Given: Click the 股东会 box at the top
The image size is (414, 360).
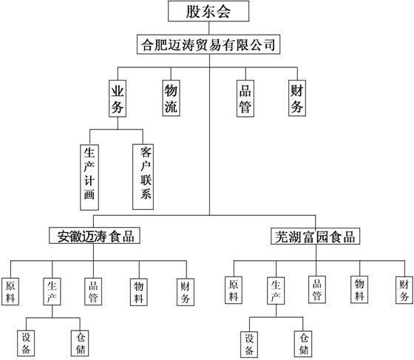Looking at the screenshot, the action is [208, 11].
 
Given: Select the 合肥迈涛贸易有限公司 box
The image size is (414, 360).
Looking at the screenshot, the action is [208, 44].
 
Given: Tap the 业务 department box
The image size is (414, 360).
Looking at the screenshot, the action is [118, 98].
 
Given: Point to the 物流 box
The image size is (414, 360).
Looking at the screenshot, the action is [171, 98].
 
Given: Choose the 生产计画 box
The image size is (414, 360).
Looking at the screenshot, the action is [89, 177].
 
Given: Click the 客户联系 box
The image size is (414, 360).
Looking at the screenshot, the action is [143, 177].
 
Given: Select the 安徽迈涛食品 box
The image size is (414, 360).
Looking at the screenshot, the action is [95, 236].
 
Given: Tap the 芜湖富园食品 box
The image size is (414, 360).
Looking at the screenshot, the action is [315, 237].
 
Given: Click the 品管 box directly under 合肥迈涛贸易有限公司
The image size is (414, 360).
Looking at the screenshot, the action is [245, 98].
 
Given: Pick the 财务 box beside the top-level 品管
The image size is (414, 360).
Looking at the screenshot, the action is [297, 98].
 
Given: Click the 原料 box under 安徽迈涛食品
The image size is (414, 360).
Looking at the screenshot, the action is [10, 292].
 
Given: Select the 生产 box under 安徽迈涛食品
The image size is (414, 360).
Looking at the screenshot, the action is [52, 292].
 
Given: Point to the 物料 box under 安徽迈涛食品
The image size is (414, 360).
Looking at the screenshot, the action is [139, 292].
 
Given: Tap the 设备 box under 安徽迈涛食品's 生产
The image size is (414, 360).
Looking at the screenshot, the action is [26, 343].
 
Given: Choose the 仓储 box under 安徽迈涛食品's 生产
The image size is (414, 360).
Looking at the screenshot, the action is [80, 343].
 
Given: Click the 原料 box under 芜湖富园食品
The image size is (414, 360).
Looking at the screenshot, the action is [234, 290].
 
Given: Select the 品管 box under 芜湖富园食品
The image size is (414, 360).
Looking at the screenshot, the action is [317, 290].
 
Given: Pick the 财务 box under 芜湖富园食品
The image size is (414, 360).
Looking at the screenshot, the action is [404, 290].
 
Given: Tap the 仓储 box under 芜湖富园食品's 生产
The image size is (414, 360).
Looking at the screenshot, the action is [303, 344].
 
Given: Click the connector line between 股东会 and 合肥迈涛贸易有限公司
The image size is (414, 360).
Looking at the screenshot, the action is [208, 28].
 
